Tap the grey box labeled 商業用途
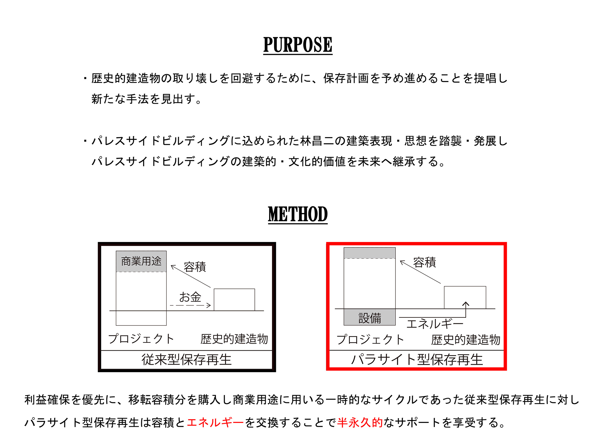click(141, 261)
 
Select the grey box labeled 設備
click(370, 317)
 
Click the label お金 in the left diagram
click(190, 297)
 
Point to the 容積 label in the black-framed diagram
click(195, 267)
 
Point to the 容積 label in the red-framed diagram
click(425, 263)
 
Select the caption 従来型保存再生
click(187, 360)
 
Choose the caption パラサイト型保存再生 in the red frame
click(417, 360)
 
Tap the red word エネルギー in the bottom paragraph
click(215, 423)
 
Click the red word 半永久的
click(360, 423)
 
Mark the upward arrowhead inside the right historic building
click(466, 304)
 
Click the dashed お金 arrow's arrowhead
click(209, 305)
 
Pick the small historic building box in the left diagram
click(235, 300)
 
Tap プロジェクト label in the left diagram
click(141, 339)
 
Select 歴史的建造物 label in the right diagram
click(466, 340)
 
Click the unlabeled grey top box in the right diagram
click(370, 253)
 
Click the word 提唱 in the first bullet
click(485, 78)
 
